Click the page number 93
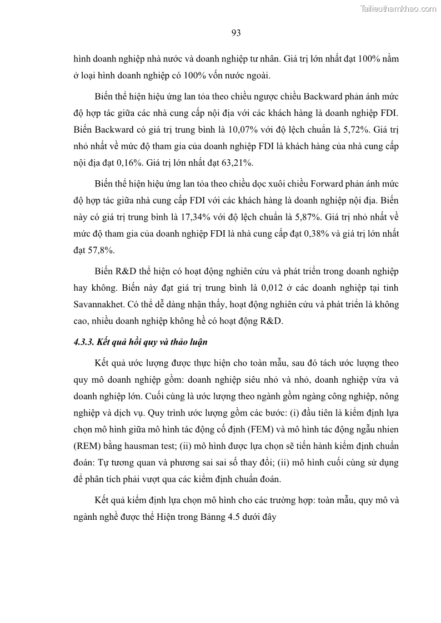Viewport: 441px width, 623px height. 235,33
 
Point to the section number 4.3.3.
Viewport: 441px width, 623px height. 83,342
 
